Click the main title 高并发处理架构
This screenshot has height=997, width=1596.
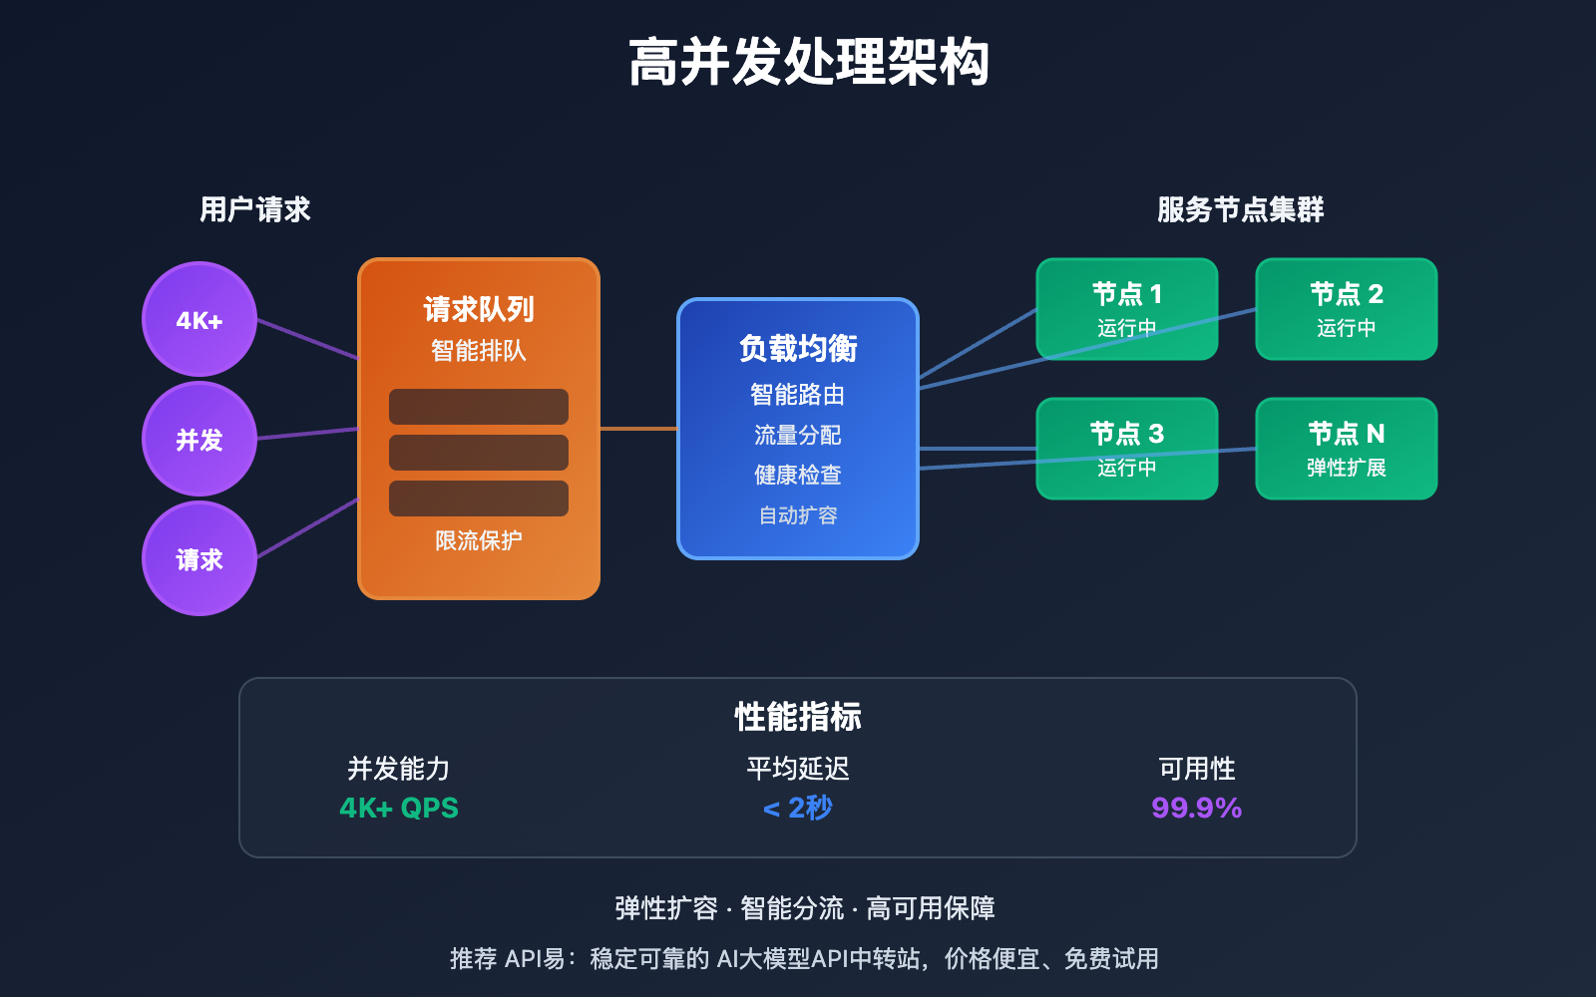(x=808, y=62)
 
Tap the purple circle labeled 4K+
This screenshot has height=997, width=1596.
(x=199, y=319)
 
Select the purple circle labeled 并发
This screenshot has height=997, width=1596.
(x=199, y=439)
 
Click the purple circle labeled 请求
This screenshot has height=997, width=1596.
(x=199, y=558)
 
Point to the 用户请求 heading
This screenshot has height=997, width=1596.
(x=255, y=209)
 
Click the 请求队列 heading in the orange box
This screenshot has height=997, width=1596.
(x=479, y=309)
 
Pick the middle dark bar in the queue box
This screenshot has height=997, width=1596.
(x=479, y=453)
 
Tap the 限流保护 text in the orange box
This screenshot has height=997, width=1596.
(x=479, y=540)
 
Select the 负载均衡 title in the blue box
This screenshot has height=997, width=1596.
(x=798, y=348)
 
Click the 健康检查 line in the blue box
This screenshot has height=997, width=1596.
(x=798, y=475)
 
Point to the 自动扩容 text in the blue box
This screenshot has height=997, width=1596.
(x=798, y=515)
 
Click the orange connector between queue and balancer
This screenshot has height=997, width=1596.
(x=638, y=429)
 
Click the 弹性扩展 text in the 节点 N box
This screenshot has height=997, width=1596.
(x=1347, y=468)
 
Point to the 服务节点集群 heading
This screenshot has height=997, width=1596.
(x=1240, y=209)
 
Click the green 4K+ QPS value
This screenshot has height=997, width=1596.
(x=399, y=808)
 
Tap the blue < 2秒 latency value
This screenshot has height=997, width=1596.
(x=798, y=808)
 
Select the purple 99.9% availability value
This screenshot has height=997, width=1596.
(x=1196, y=808)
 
